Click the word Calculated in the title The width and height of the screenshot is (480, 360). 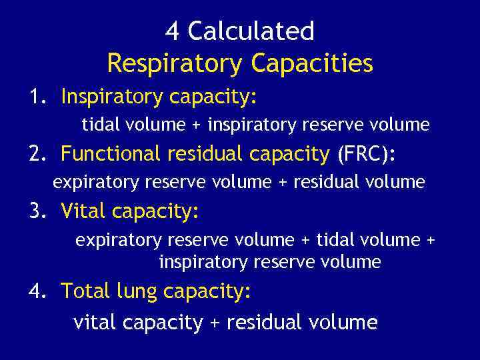pyautogui.click(x=251, y=31)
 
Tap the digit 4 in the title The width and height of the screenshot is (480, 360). pyautogui.click(x=172, y=31)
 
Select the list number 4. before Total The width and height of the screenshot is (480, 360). pyautogui.click(x=37, y=291)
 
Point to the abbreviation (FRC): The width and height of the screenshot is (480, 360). pyautogui.click(x=367, y=154)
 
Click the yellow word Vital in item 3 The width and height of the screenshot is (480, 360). pyautogui.click(x=83, y=211)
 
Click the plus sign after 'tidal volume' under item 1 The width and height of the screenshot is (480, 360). pyautogui.click(x=197, y=125)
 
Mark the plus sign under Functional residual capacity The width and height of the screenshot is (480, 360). pyautogui.click(x=282, y=182)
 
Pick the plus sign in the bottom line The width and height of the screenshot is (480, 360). pyautogui.click(x=214, y=323)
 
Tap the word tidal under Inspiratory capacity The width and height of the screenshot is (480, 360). pyautogui.click(x=100, y=124)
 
